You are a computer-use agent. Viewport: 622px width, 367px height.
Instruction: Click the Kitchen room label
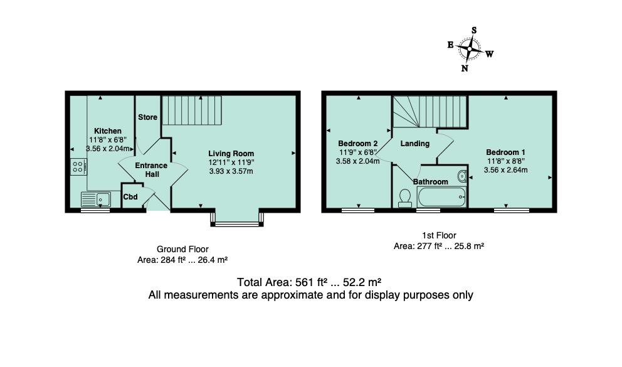point(108,131)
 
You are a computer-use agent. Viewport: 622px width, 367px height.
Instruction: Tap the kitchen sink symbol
point(96,199)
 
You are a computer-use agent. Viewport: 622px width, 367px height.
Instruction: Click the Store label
point(148,117)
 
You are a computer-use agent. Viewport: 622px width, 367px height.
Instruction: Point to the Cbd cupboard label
point(130,198)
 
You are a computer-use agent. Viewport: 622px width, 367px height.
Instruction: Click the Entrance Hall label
point(152,170)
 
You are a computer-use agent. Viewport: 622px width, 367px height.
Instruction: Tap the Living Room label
point(231,153)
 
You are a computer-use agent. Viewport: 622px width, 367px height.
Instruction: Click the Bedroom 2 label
point(357,142)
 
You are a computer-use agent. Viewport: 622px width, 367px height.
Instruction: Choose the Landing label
point(415,144)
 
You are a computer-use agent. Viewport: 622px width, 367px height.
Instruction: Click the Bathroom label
point(431,182)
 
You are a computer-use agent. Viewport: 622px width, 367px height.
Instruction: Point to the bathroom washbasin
point(463,175)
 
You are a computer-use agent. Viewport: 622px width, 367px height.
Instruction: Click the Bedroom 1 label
point(505,152)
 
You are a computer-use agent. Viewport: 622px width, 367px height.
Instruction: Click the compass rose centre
point(469,48)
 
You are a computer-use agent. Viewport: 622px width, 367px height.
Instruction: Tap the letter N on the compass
point(465,68)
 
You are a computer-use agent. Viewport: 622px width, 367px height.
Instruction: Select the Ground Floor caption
point(182,249)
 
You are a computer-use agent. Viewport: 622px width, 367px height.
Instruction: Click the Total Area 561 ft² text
point(310,282)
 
